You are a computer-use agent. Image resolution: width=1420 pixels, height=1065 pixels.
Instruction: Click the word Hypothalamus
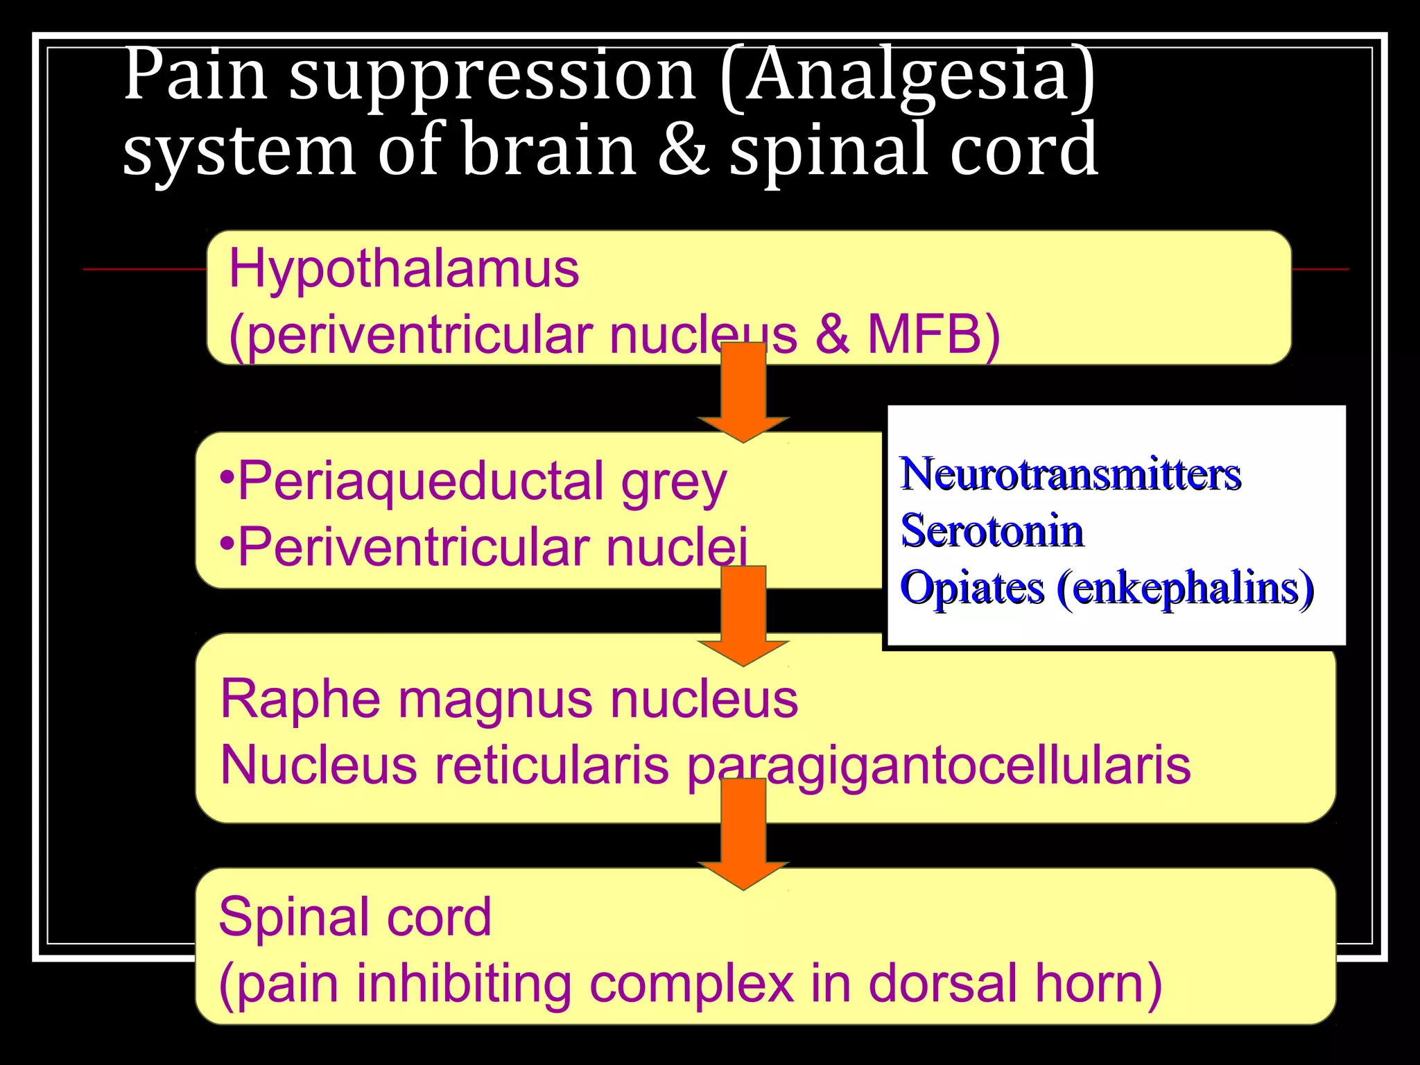(404, 269)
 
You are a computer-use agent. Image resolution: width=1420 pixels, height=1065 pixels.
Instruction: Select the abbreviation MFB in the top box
(925, 335)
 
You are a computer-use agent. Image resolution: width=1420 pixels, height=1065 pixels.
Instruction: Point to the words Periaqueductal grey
(481, 481)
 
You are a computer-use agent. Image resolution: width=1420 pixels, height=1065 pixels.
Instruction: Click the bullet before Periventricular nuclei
(227, 544)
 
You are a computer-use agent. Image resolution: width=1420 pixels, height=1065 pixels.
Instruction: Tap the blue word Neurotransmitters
(1070, 475)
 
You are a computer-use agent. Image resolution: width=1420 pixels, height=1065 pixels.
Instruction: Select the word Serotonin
(992, 532)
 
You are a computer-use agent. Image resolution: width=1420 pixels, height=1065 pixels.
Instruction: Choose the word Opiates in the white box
(971, 589)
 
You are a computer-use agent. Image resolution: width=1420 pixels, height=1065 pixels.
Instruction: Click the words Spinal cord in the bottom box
(354, 917)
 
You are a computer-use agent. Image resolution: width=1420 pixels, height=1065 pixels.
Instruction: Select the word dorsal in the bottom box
(943, 983)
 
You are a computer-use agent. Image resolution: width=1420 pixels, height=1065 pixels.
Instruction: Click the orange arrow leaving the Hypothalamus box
(743, 395)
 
